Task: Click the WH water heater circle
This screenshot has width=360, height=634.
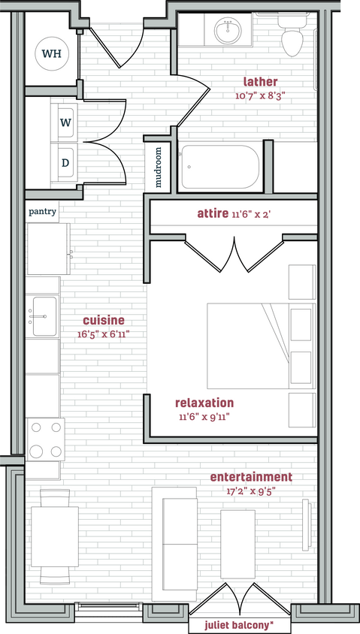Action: (x=51, y=53)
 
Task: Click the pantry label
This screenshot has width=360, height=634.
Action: (x=43, y=212)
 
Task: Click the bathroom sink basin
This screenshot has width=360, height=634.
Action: (x=225, y=31)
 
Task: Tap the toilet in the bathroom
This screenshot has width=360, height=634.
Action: (x=292, y=38)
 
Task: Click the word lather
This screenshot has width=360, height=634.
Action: (x=260, y=82)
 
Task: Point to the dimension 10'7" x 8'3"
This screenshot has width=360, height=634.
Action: (x=260, y=95)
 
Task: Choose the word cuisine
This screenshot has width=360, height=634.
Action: (x=104, y=320)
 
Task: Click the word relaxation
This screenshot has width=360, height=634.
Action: (x=204, y=403)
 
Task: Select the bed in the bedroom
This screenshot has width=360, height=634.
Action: (x=248, y=346)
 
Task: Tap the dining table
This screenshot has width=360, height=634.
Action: (x=54, y=536)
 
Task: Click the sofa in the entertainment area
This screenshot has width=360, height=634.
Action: (x=174, y=544)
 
